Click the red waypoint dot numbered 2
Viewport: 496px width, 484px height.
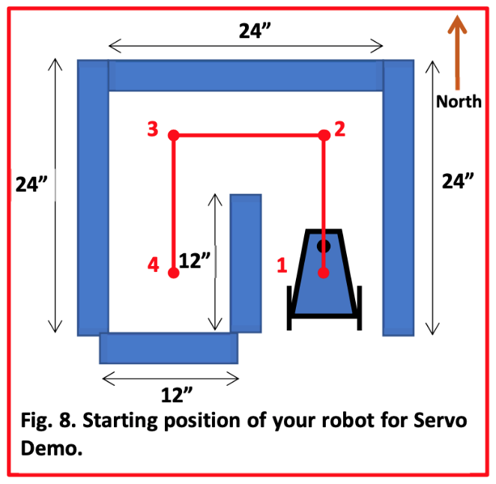click(324, 135)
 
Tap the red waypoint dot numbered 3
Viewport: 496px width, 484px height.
click(174, 135)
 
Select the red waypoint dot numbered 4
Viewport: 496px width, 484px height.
click(173, 273)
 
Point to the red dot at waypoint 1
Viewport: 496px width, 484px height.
click(323, 273)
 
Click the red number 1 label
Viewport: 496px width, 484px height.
click(282, 265)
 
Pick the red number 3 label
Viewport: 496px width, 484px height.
click(153, 129)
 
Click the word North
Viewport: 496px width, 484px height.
click(459, 102)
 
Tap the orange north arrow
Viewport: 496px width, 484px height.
click(457, 52)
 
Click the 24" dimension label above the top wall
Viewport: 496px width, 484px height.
click(255, 31)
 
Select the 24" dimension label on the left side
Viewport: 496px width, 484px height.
click(31, 184)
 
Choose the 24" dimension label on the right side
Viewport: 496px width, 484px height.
click(458, 181)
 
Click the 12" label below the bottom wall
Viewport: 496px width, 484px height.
click(177, 395)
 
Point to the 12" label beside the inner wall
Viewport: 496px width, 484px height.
click(194, 261)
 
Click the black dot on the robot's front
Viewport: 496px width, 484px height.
click(324, 246)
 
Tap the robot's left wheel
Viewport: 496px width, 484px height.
click(289, 308)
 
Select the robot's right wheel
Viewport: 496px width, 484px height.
click(360, 308)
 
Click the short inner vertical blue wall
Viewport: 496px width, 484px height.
click(246, 263)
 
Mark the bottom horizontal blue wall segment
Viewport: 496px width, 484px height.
click(169, 348)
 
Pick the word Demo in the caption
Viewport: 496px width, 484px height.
click(52, 447)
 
